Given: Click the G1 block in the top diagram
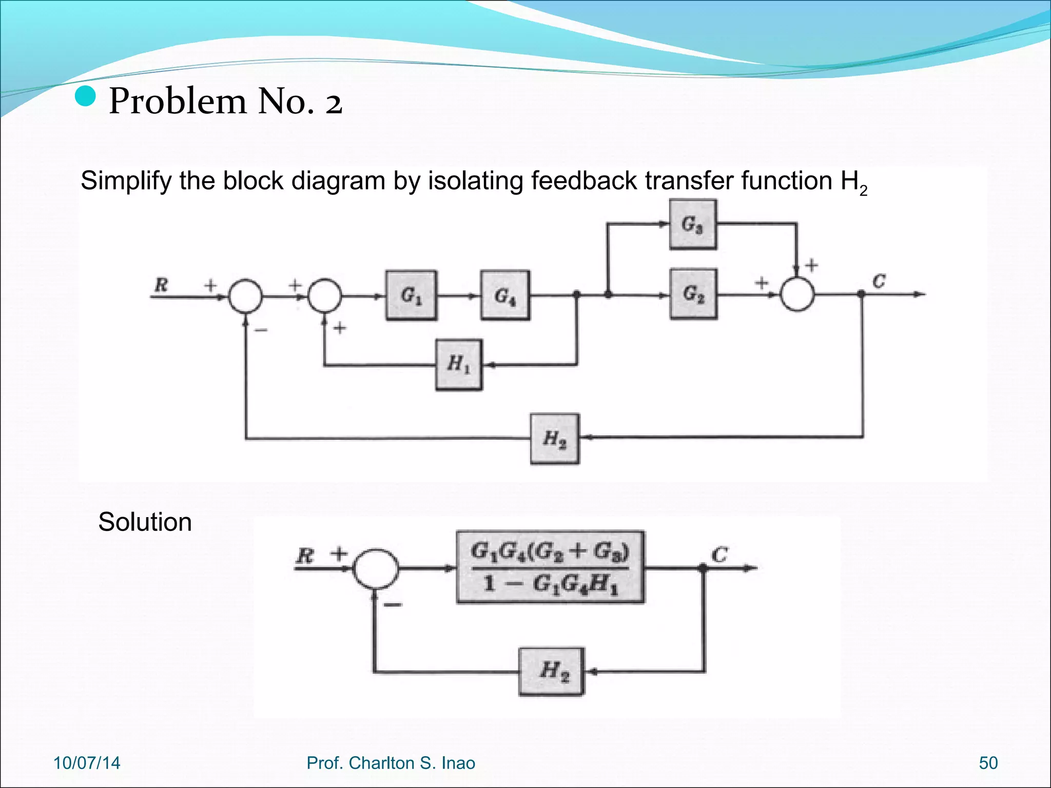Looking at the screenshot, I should tap(411, 295).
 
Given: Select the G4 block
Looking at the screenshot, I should tap(505, 295).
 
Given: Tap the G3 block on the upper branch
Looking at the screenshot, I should tap(693, 224).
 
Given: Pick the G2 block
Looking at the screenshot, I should tap(693, 294).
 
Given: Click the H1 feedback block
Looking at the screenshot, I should tap(459, 365).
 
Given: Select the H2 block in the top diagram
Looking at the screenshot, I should tap(555, 439).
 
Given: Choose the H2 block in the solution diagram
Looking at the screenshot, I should tap(552, 671).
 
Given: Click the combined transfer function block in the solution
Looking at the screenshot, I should tap(550, 567).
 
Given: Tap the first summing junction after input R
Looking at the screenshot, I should tap(245, 296).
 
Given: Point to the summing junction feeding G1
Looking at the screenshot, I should tap(324, 296).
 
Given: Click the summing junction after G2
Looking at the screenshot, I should tap(797, 294).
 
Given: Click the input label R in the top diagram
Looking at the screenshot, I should tap(161, 284).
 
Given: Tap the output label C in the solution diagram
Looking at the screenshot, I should tap(719, 555).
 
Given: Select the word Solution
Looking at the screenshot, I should tap(145, 522).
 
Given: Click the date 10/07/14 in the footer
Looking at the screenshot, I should tap(87, 763).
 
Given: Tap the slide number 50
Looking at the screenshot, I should tap(988, 763).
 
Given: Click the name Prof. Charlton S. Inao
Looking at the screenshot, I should tap(391, 763).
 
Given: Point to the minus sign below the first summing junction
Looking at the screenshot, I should tap(261, 330).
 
